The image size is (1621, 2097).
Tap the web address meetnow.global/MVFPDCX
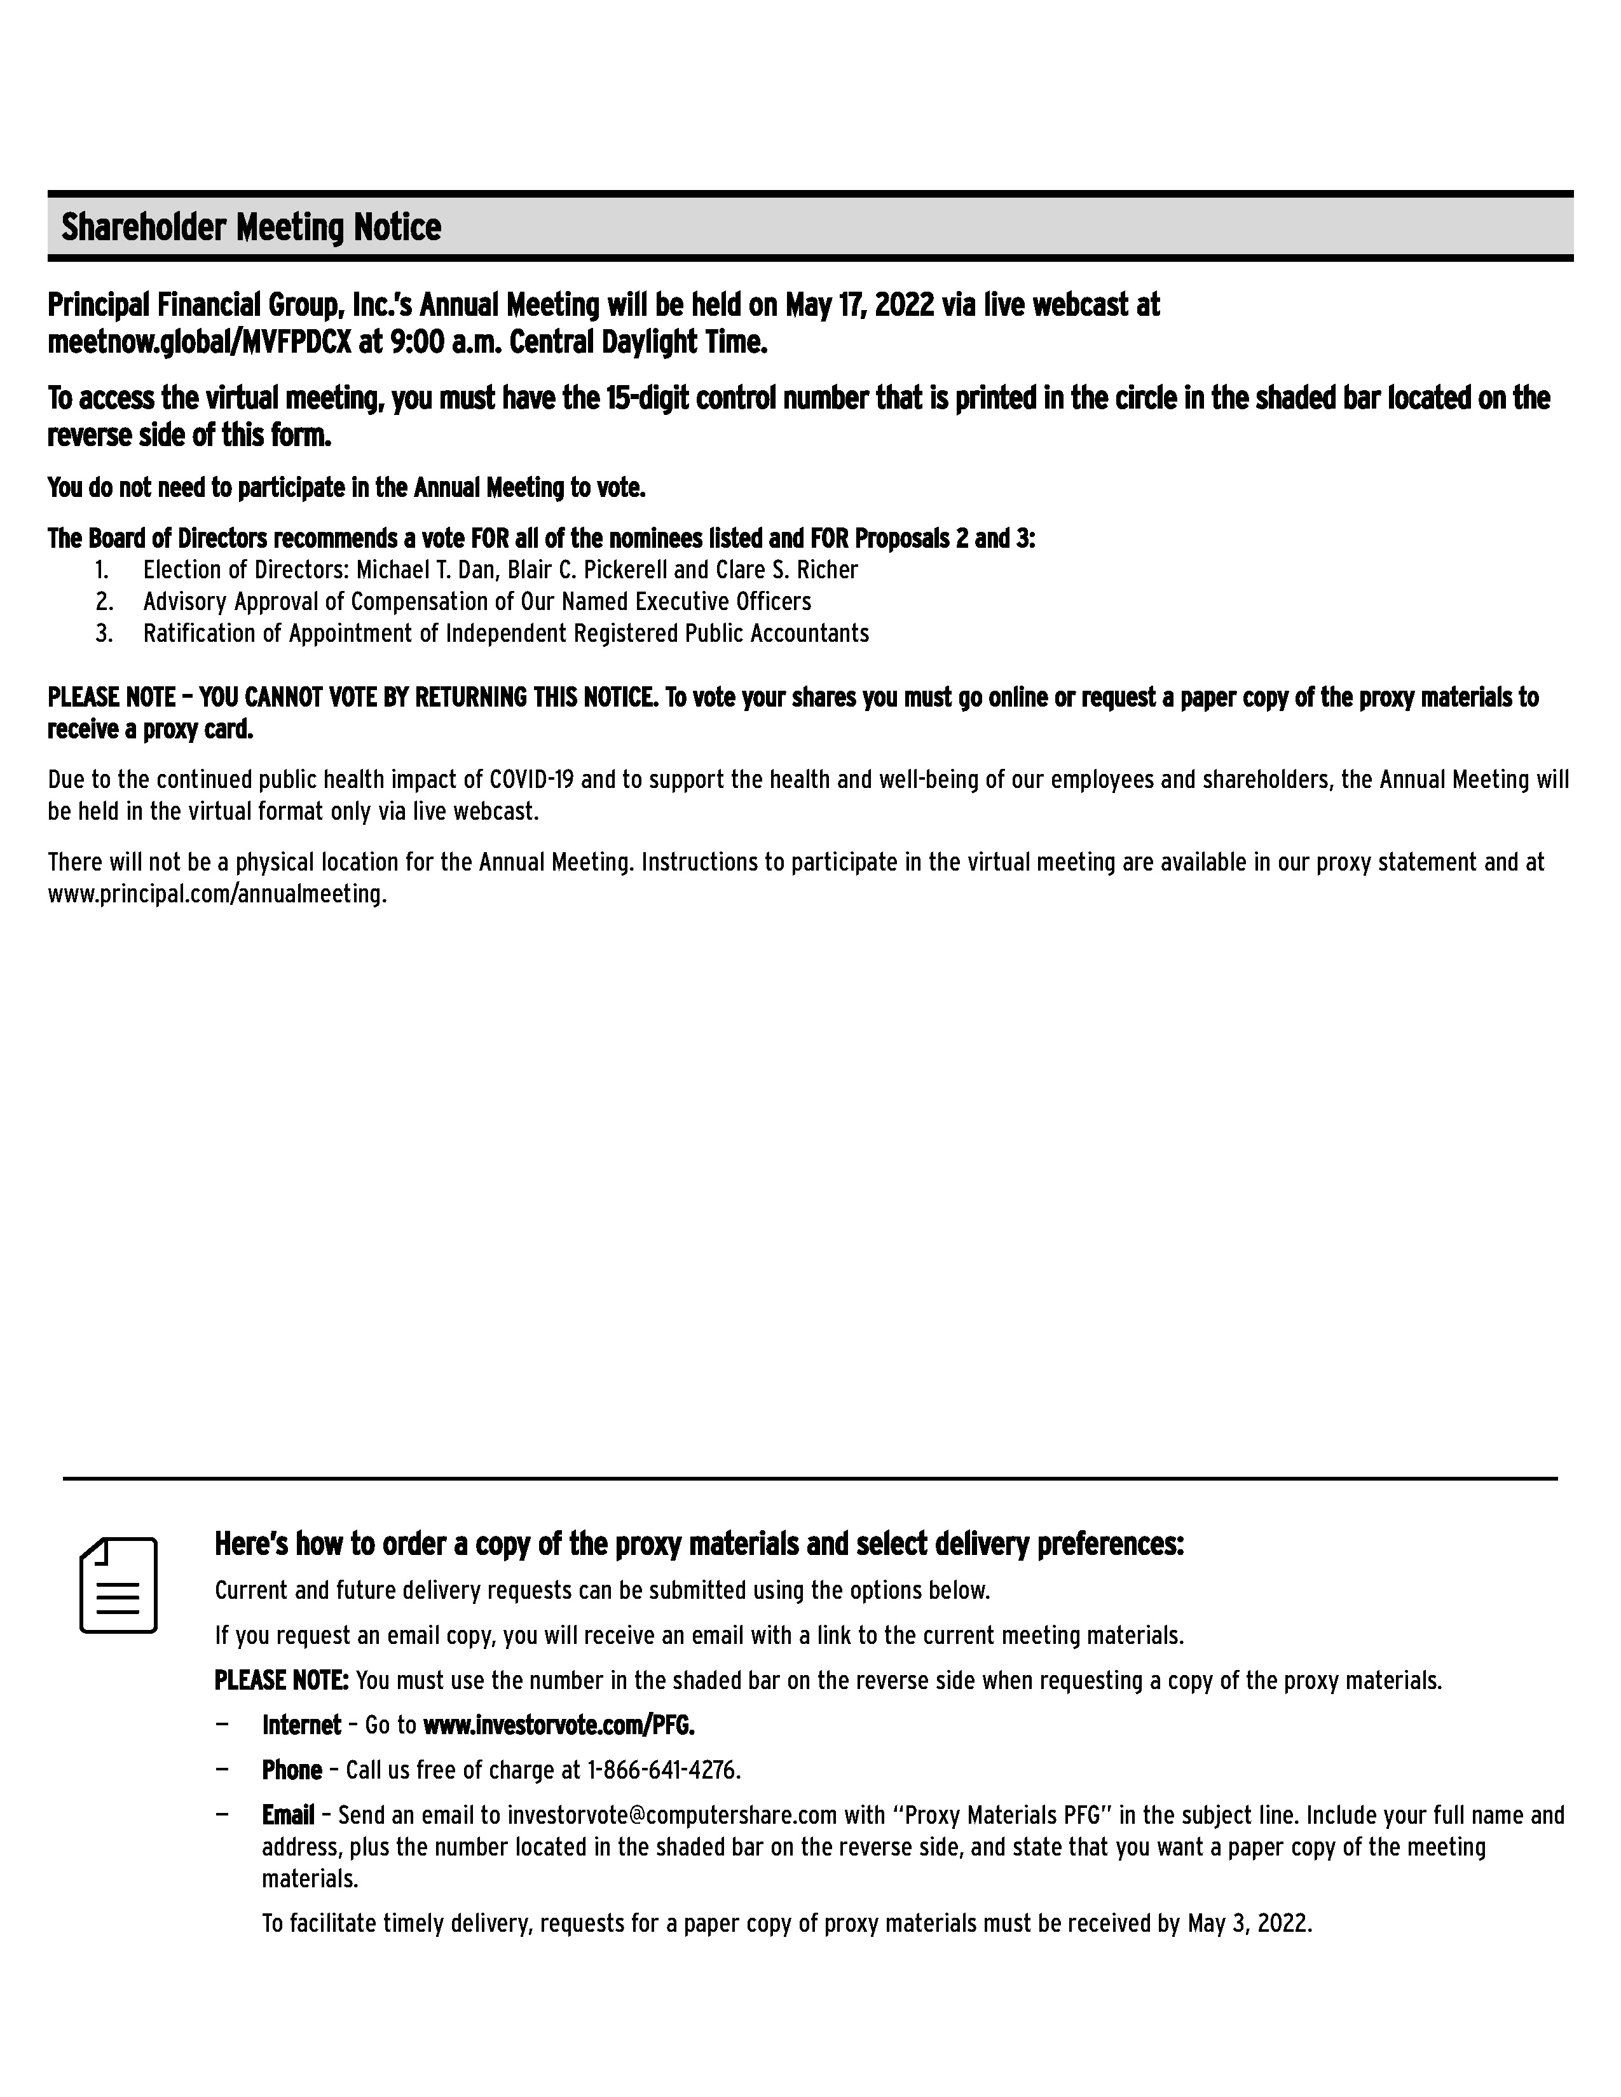tap(200, 342)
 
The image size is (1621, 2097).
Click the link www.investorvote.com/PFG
tap(558, 1725)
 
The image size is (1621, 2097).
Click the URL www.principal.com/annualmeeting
tap(216, 894)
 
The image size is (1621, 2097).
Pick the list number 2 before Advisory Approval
tap(104, 602)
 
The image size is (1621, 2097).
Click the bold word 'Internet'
tap(301, 1725)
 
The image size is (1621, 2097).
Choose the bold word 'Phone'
tap(292, 1770)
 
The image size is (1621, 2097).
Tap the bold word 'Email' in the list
tap(288, 1815)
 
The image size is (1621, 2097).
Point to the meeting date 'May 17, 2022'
tap(859, 305)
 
